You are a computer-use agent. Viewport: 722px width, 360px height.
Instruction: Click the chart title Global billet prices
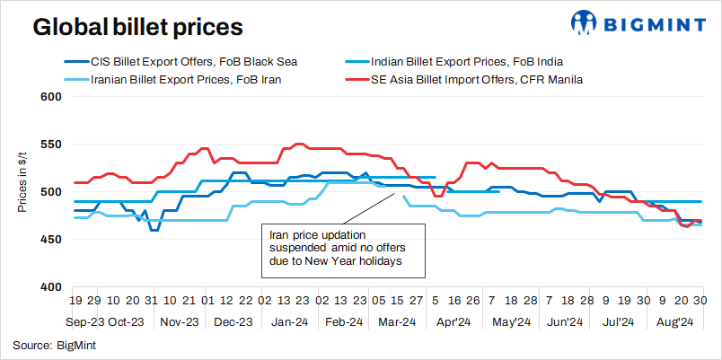137,27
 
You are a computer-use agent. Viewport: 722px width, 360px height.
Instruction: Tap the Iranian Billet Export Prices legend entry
185,79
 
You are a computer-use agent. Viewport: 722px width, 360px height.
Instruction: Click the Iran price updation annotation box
337,248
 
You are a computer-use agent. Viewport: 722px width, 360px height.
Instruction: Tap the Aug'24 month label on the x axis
674,320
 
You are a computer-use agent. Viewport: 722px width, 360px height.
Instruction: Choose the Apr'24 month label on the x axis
453,320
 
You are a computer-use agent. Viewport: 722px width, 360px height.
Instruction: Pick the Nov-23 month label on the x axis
178,320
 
